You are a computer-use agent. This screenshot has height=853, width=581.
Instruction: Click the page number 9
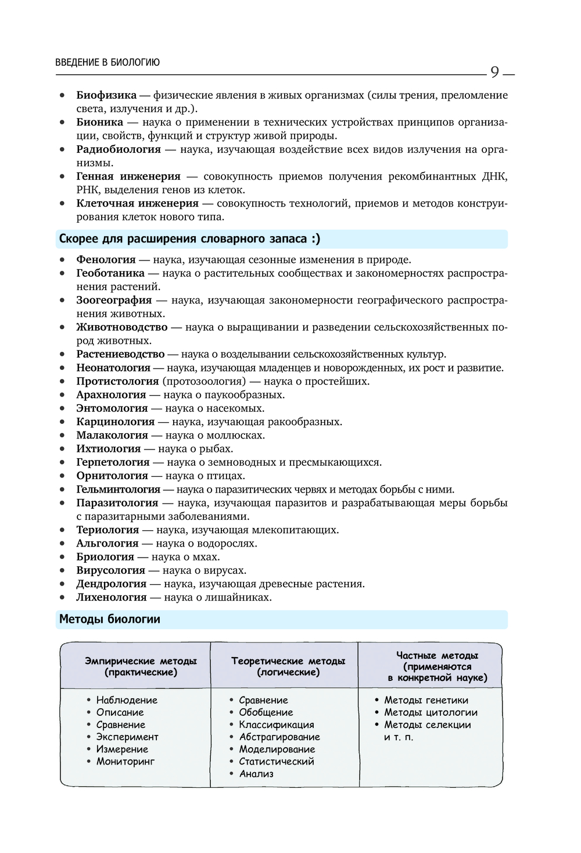tap(494, 72)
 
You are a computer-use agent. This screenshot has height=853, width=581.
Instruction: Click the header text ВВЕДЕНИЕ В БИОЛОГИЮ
tap(107, 62)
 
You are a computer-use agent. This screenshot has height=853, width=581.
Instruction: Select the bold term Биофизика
tap(106, 95)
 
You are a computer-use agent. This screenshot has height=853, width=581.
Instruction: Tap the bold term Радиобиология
tap(119, 149)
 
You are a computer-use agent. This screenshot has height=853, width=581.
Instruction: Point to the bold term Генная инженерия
tap(128, 176)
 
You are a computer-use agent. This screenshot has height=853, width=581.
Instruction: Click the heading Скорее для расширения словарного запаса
tap(189, 239)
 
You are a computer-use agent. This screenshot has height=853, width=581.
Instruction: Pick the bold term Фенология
tap(106, 260)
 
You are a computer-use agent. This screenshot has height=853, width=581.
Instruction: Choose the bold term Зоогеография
tap(114, 300)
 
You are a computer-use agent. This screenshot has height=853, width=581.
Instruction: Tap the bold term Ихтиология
tap(108, 449)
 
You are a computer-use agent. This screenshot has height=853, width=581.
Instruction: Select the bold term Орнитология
tap(112, 476)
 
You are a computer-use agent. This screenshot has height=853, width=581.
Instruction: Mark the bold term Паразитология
tap(117, 503)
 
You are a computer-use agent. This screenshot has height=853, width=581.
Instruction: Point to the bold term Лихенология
tap(112, 597)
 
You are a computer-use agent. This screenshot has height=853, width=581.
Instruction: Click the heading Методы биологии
tap(110, 619)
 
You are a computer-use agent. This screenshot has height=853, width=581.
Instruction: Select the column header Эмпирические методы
tap(141, 661)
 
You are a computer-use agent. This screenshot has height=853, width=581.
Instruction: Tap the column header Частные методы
tap(437, 656)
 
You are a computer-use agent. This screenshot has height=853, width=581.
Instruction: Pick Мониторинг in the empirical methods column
tap(125, 762)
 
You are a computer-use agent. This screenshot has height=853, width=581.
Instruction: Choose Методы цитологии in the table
tap(431, 713)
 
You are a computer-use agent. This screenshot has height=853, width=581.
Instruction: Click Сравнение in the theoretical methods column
tap(263, 701)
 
